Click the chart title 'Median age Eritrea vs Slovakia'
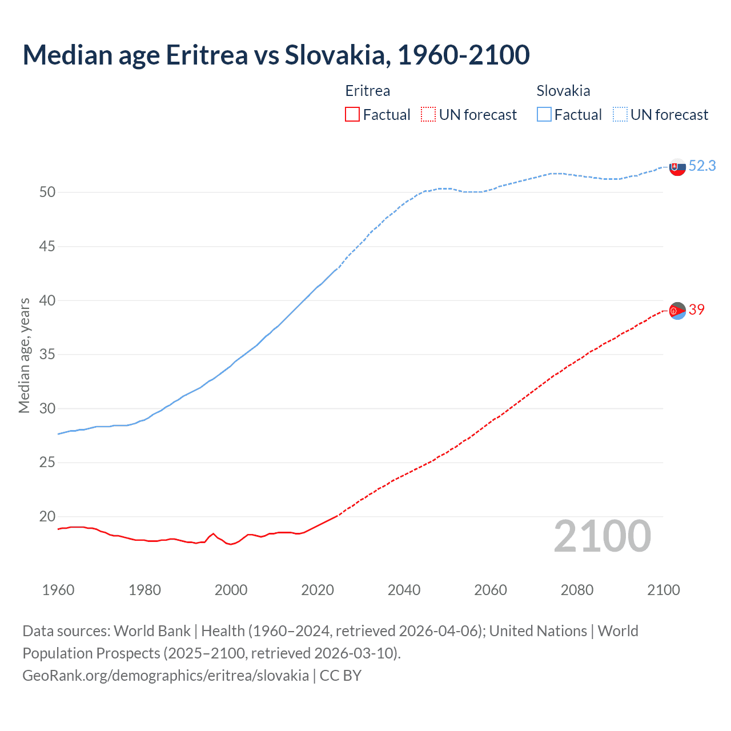(x=276, y=55)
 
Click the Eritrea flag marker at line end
(x=677, y=311)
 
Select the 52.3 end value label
(x=702, y=166)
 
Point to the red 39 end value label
(x=697, y=310)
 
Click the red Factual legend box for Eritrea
(x=352, y=115)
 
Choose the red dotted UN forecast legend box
(x=428, y=115)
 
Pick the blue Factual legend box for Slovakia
(x=544, y=115)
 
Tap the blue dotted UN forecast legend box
(x=620, y=115)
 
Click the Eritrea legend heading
(x=368, y=91)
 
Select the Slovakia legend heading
(x=563, y=91)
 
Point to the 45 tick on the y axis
(x=47, y=247)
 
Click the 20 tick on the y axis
(x=47, y=516)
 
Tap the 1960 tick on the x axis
(x=58, y=590)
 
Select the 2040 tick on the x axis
(x=404, y=590)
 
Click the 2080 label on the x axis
(x=577, y=590)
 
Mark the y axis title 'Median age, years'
(x=24, y=355)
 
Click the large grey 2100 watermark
(x=602, y=536)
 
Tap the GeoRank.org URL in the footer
(x=166, y=676)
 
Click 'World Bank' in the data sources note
(x=152, y=631)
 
